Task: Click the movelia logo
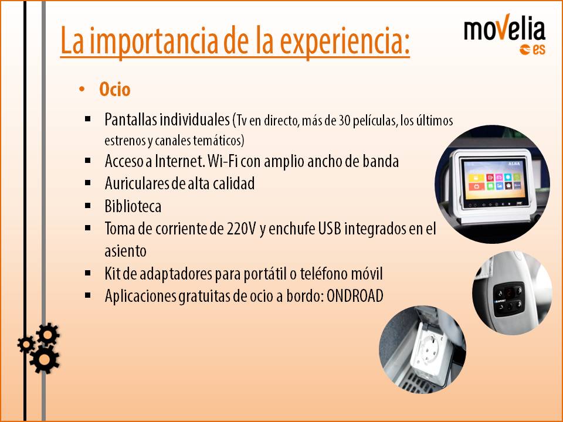(x=505, y=35)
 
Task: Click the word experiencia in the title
(x=345, y=41)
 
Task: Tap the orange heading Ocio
(x=114, y=89)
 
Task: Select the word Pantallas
(x=131, y=120)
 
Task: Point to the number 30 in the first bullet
(x=344, y=121)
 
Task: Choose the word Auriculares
(x=137, y=183)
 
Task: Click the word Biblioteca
(x=133, y=206)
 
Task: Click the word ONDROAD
(x=355, y=296)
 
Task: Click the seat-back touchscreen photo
(x=492, y=184)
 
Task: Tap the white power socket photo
(x=423, y=349)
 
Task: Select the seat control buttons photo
(x=512, y=293)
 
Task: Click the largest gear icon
(x=45, y=359)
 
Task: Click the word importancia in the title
(x=154, y=41)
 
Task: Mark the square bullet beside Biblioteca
(x=87, y=206)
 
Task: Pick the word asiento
(x=126, y=251)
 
